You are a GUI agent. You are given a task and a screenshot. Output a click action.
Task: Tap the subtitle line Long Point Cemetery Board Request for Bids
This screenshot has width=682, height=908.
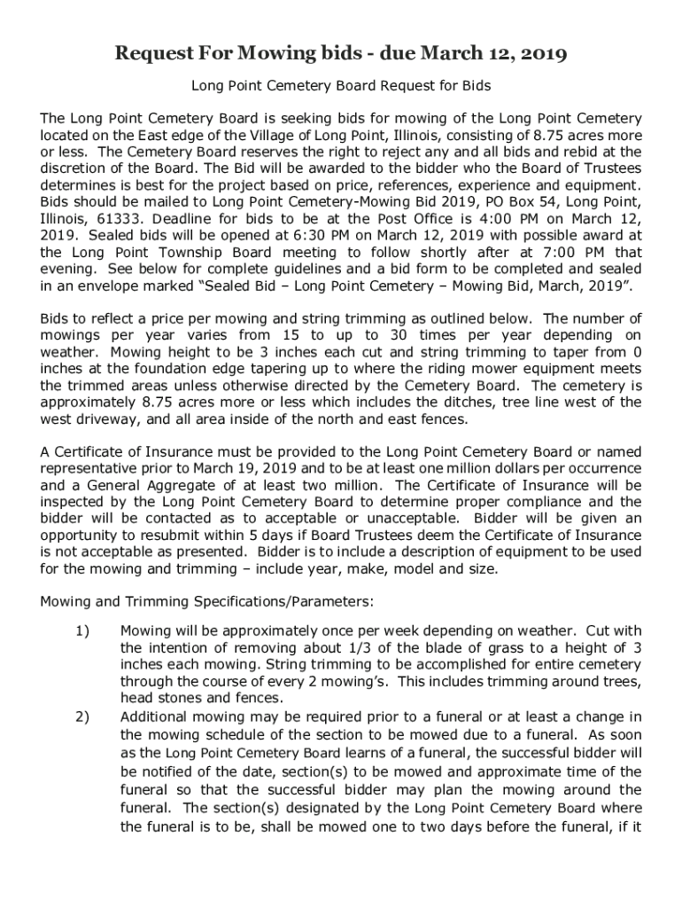[x=341, y=87]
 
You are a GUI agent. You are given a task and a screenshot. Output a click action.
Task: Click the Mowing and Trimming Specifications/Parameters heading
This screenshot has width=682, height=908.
[x=207, y=602]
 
